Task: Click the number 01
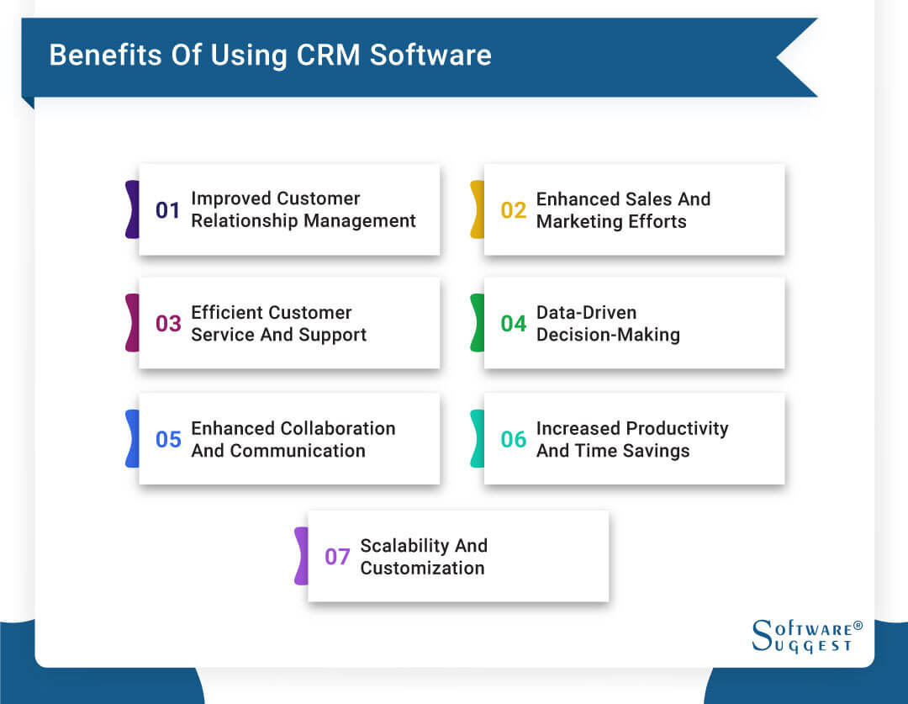pyautogui.click(x=168, y=210)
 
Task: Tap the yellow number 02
pyautogui.click(x=514, y=210)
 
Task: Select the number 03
pyautogui.click(x=168, y=324)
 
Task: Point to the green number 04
pyautogui.click(x=514, y=324)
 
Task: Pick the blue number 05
pyautogui.click(x=168, y=439)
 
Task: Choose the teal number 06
pyautogui.click(x=514, y=439)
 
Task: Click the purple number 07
pyautogui.click(x=337, y=557)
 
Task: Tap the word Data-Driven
pyautogui.click(x=586, y=312)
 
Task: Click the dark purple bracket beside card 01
pyautogui.click(x=132, y=209)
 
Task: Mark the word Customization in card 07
pyautogui.click(x=422, y=568)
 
